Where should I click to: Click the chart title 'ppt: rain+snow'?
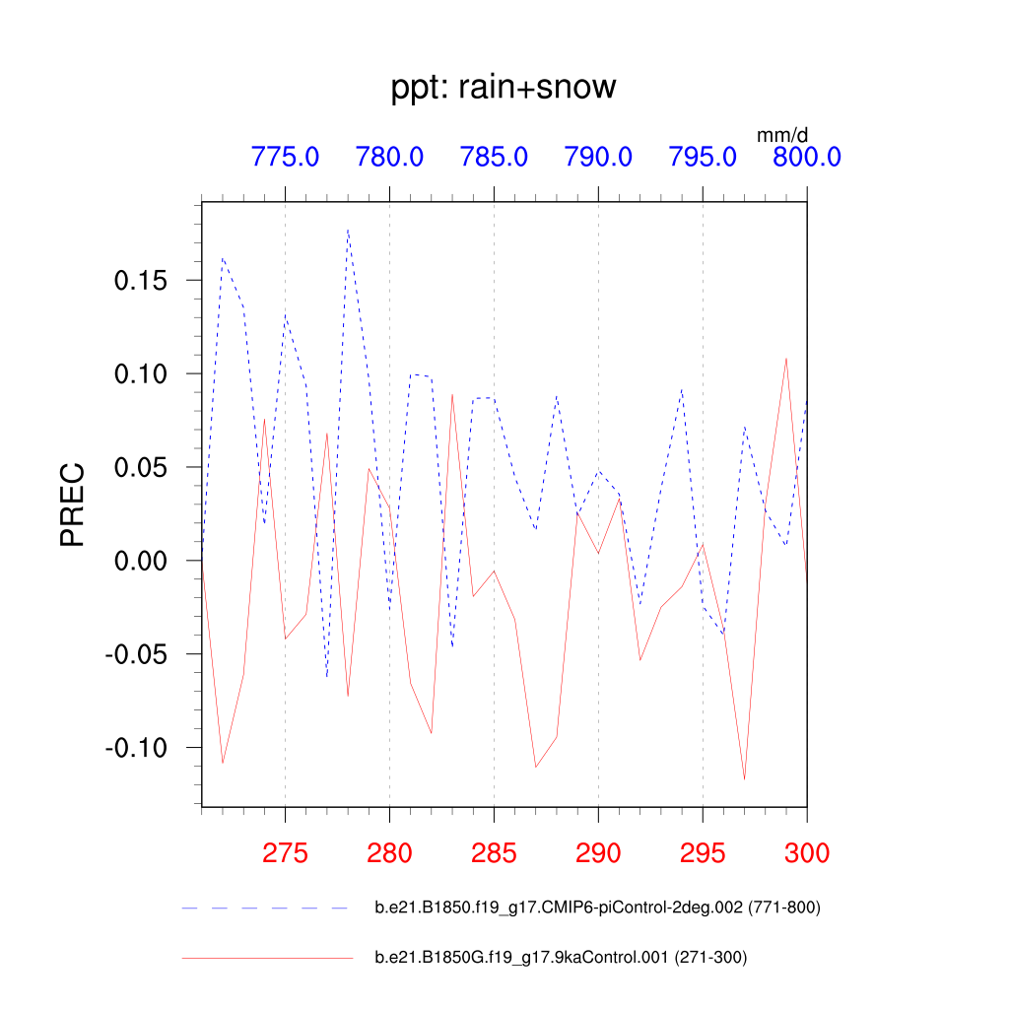point(504,88)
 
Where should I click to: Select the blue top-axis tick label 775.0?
point(285,157)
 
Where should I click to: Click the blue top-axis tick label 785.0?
point(494,157)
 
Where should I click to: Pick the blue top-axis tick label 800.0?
point(806,157)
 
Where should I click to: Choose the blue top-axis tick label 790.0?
point(598,157)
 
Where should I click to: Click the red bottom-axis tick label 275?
point(285,852)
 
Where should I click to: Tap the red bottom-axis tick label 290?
point(598,852)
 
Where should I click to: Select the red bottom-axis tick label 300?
point(806,852)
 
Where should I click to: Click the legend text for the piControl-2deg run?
point(597,908)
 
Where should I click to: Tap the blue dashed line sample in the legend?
point(266,908)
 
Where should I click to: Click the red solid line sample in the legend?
point(266,957)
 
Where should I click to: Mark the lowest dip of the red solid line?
point(744,779)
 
